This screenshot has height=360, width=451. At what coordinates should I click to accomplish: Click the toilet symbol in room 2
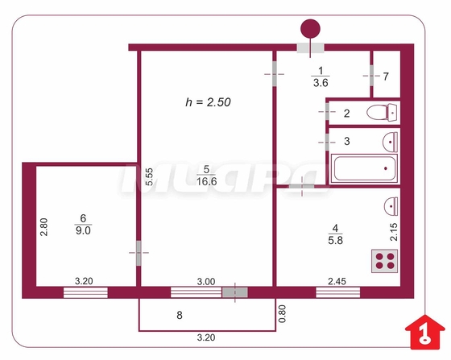382,113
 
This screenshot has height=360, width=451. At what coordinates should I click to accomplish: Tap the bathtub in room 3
364,168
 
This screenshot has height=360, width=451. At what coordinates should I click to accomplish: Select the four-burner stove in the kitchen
385,261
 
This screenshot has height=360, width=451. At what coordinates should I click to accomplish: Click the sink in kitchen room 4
391,206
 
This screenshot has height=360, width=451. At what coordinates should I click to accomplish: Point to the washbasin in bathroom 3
391,142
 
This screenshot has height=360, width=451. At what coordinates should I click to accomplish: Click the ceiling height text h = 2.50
208,102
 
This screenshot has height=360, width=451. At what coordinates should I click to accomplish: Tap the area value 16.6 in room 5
206,181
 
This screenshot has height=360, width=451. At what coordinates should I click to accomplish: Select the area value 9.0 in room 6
83,230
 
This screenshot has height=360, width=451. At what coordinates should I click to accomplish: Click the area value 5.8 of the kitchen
335,240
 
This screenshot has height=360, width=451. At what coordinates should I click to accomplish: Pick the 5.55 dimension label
149,177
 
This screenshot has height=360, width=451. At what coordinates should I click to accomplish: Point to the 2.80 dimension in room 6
43,227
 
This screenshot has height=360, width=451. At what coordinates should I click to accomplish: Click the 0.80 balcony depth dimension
282,314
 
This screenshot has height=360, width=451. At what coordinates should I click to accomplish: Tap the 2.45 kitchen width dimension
337,281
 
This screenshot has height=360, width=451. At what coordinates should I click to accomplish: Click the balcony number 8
180,315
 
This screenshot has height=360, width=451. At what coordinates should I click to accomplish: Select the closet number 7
386,77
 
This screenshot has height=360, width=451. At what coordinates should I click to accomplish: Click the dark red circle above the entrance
310,29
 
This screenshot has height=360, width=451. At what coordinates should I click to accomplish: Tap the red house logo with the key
425,332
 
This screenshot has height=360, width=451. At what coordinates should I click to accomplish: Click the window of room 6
85,292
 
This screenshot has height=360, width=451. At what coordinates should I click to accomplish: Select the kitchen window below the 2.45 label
337,292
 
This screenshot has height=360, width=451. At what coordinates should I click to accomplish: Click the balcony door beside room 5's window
234,292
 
